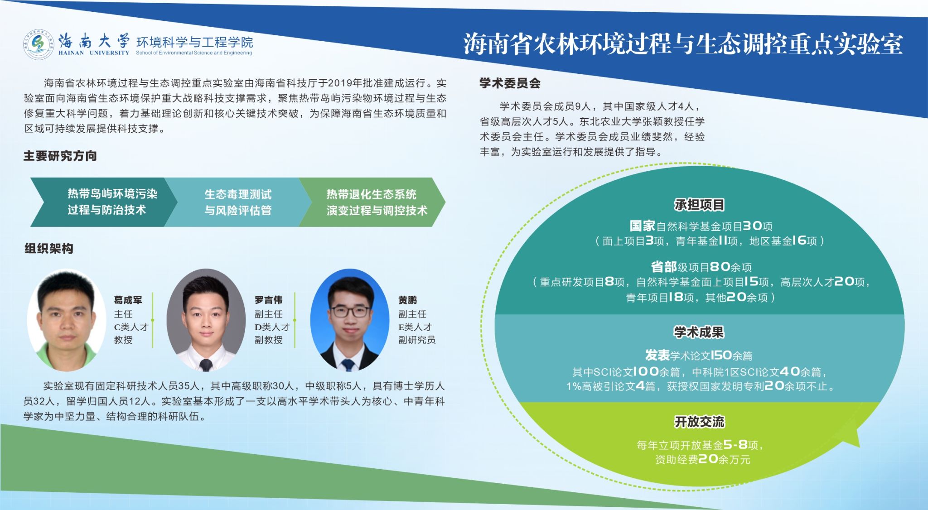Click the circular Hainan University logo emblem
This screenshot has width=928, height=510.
pyautogui.click(x=39, y=44)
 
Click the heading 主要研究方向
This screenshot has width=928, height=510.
pyautogui.click(x=60, y=156)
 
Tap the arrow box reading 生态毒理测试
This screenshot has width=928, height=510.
pyautogui.click(x=238, y=202)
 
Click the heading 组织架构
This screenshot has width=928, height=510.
pyautogui.click(x=48, y=249)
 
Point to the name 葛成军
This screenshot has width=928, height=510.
pyautogui.click(x=128, y=300)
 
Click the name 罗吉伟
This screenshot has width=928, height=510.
pyautogui.click(x=268, y=300)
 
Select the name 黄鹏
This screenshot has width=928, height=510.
pyautogui.click(x=407, y=300)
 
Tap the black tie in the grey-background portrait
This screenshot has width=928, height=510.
pyautogui.click(x=206, y=364)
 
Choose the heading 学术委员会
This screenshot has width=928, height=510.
pyautogui.click(x=510, y=83)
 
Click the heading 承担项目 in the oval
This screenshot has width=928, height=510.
pyautogui.click(x=699, y=205)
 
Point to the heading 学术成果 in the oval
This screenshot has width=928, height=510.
pyautogui.click(x=699, y=332)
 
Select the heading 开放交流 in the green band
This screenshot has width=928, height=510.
pyautogui.click(x=699, y=422)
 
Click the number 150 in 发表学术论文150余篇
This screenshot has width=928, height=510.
pyautogui.click(x=721, y=355)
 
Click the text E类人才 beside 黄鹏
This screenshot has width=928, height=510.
pyautogui.click(x=415, y=327)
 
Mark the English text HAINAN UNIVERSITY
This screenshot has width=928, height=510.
pyautogui.click(x=94, y=53)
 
